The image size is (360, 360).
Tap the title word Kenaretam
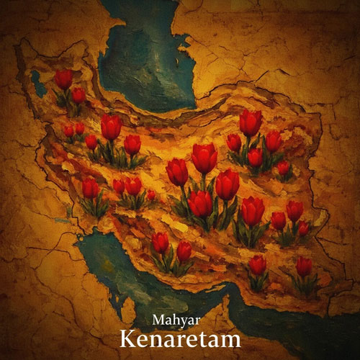pyautogui.click(x=180, y=338)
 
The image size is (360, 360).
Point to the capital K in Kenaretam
pyautogui.click(x=127, y=338)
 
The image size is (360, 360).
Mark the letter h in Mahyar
pyautogui.click(x=175, y=318)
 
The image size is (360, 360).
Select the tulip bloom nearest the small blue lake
pyautogui.click(x=64, y=78)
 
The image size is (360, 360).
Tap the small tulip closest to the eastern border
pyautogui.click(x=303, y=228)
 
